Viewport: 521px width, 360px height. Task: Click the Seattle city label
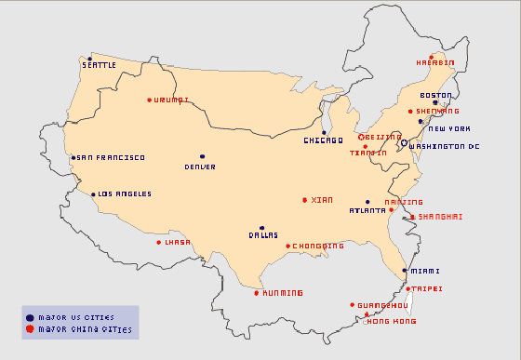pyautogui.click(x=100, y=65)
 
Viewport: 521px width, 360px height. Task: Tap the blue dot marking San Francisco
pyautogui.click(x=73, y=157)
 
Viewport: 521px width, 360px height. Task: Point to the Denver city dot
pyautogui.click(x=201, y=156)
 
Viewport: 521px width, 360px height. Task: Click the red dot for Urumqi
pyautogui.click(x=149, y=100)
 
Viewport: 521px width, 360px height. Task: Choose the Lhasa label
pyautogui.click(x=177, y=242)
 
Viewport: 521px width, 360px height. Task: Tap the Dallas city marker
pyautogui.click(x=262, y=227)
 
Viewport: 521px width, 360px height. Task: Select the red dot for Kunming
pyautogui.click(x=257, y=293)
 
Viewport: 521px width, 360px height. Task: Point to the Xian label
pyautogui.click(x=321, y=200)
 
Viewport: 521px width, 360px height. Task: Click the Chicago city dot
pyautogui.click(x=324, y=132)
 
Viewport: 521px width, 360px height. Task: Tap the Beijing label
pyautogui.click(x=383, y=137)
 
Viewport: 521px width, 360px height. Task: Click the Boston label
pyautogui.click(x=435, y=95)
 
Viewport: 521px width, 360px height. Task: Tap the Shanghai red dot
pyautogui.click(x=412, y=217)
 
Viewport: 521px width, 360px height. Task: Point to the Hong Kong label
pyautogui.click(x=392, y=321)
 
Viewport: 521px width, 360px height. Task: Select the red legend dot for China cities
pyautogui.click(x=30, y=329)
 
